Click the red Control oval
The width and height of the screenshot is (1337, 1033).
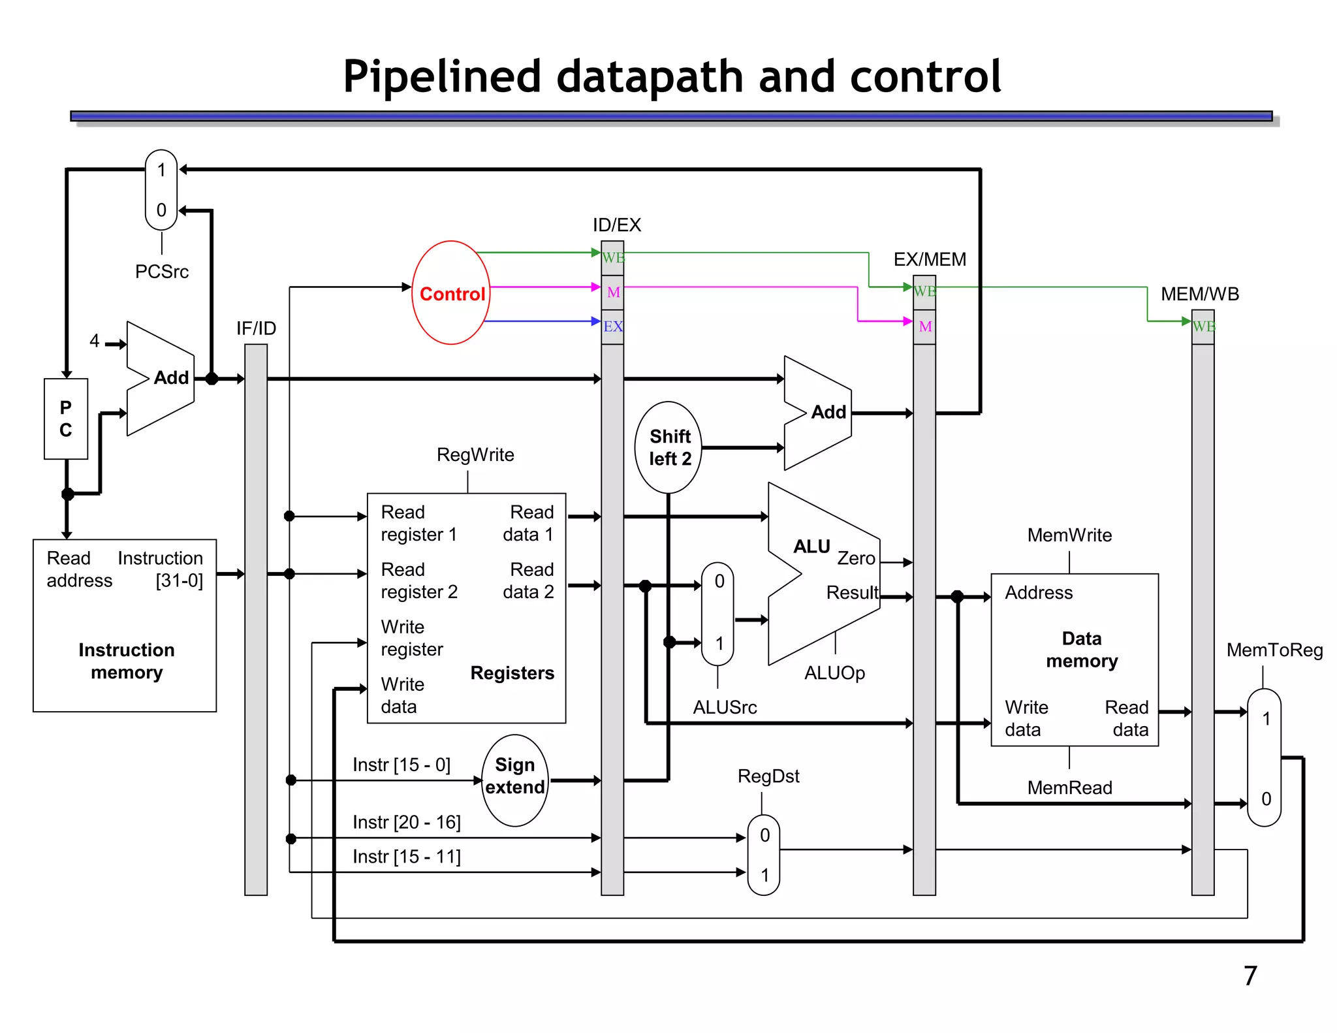(x=451, y=293)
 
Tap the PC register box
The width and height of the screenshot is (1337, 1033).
(x=66, y=419)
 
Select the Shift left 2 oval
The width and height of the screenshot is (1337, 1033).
(x=668, y=447)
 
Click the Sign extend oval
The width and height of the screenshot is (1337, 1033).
(x=515, y=780)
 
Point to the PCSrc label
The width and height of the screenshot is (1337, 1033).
(x=162, y=272)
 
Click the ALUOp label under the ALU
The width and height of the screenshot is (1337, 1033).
(x=834, y=673)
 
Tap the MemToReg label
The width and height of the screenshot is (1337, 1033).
(x=1274, y=650)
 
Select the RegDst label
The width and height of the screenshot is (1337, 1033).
(x=768, y=776)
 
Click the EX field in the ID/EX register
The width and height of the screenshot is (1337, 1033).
(x=612, y=326)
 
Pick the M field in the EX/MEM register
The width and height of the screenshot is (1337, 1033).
(x=924, y=326)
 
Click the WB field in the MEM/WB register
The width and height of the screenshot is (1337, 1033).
(x=1203, y=326)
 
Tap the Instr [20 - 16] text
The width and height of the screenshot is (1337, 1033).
(x=407, y=822)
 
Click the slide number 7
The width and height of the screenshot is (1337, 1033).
(x=1250, y=976)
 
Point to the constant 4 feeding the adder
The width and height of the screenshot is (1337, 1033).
(x=95, y=341)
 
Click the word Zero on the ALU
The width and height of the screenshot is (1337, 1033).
(x=856, y=558)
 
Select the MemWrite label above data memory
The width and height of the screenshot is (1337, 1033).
(x=1069, y=535)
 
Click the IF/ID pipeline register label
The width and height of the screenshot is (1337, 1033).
(x=256, y=328)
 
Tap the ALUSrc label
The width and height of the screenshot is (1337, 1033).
(x=725, y=707)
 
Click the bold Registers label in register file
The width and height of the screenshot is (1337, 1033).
(x=512, y=673)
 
